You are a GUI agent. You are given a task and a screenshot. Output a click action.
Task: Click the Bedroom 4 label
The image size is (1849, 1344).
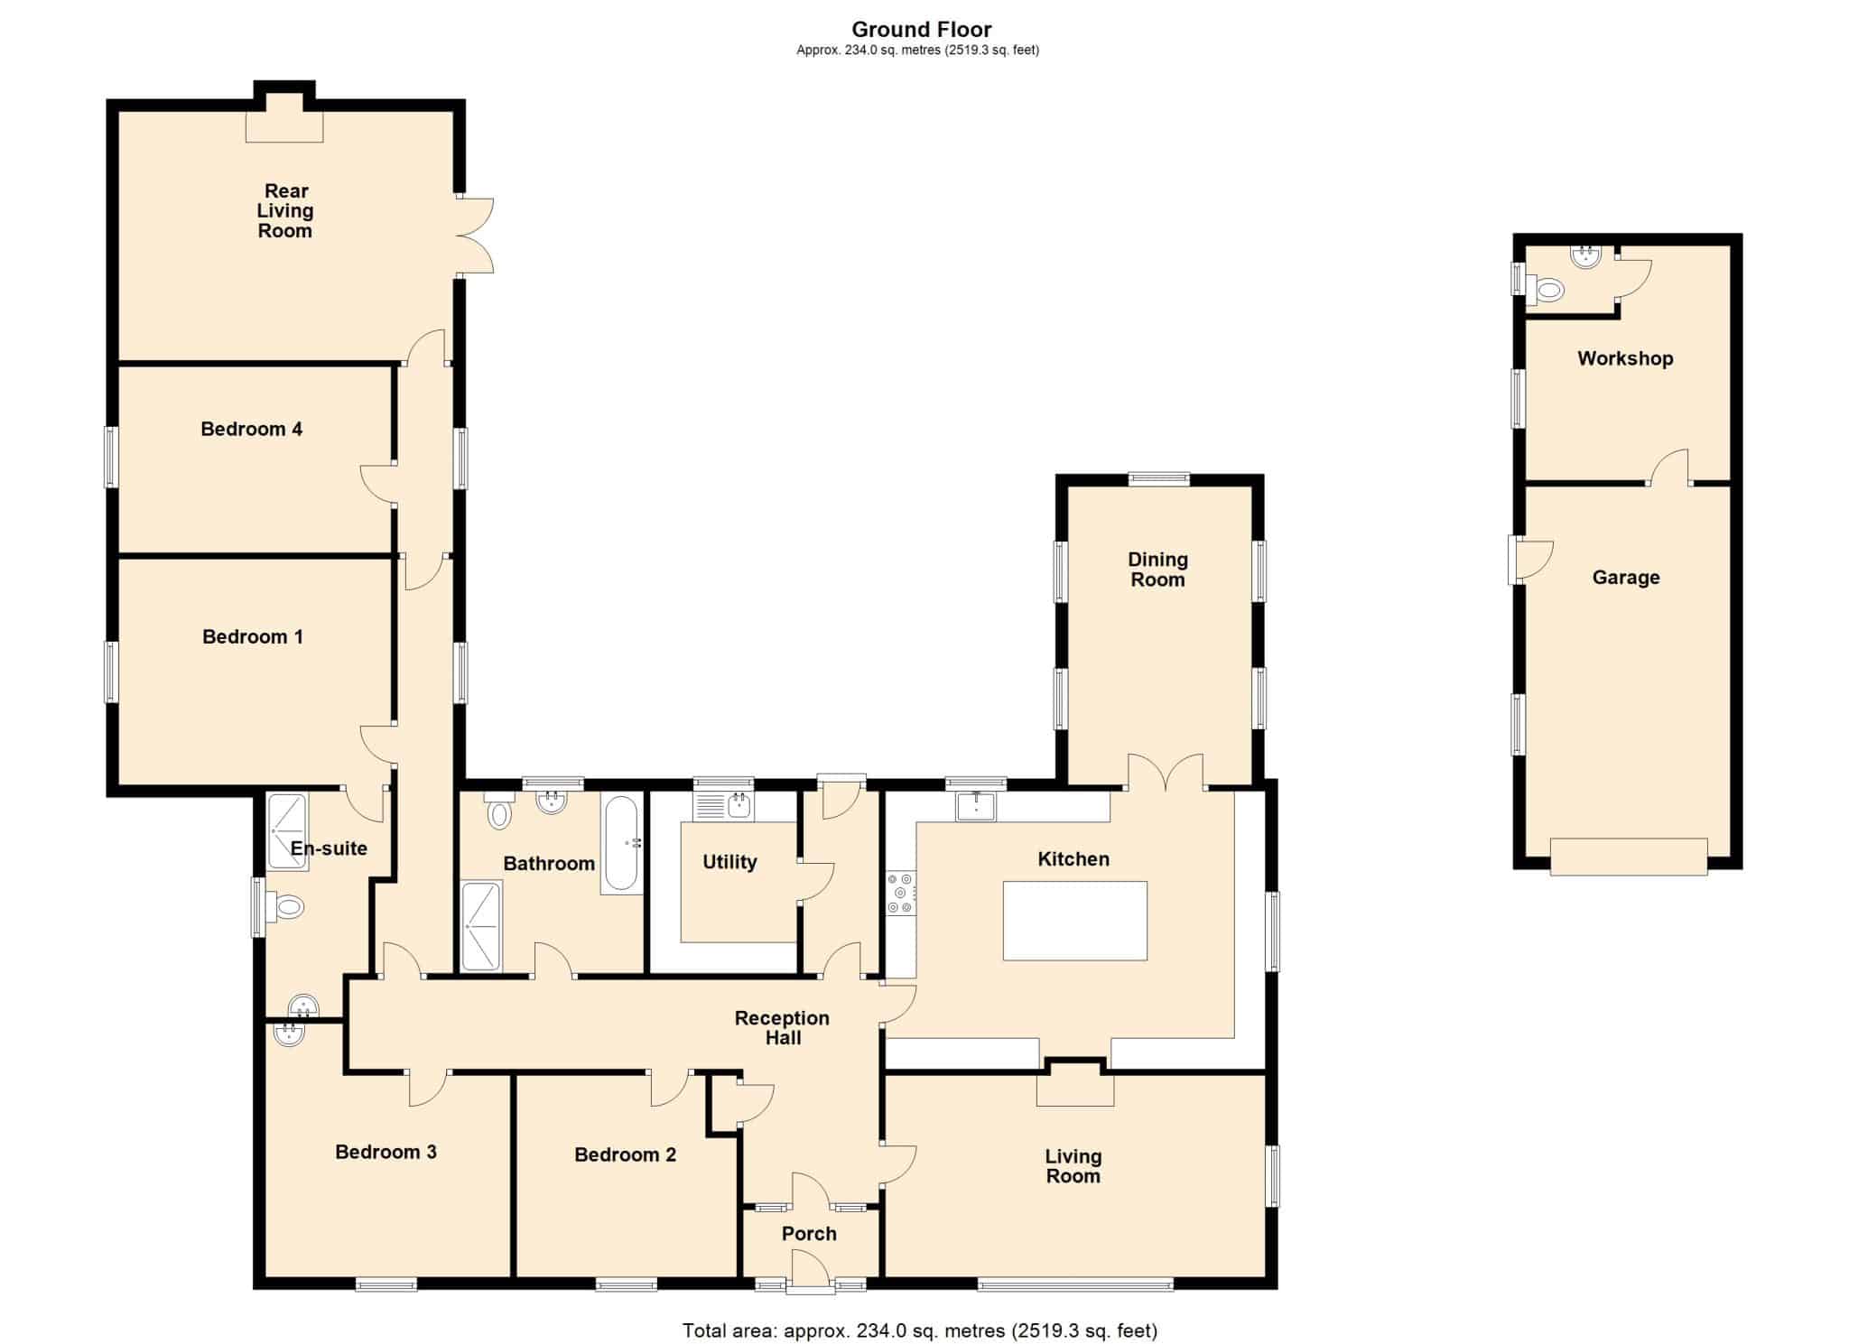point(251,429)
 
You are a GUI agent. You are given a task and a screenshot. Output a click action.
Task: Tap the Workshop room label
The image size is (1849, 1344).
point(1625,358)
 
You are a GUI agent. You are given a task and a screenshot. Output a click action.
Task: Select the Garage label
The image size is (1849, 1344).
point(1626,578)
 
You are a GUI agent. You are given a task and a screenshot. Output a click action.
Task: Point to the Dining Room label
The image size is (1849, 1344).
point(1157,570)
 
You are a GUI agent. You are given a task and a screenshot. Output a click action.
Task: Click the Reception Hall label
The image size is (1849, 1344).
point(782,1028)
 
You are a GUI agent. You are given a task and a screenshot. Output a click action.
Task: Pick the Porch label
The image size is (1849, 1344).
point(809,1234)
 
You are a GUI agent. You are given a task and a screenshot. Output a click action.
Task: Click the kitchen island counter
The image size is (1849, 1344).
point(1074,921)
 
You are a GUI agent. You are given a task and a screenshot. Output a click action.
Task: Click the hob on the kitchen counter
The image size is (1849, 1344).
point(901,893)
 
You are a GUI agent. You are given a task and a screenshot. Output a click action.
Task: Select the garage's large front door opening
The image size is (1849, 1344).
point(1629,856)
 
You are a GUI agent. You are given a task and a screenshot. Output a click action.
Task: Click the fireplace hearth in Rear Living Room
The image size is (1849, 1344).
point(284,127)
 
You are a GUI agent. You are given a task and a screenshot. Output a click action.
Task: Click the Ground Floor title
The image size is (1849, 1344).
point(922,30)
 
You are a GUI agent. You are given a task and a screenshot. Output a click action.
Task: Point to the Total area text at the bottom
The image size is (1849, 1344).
point(920,1330)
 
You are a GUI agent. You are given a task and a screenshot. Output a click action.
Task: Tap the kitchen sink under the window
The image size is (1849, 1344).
point(976,806)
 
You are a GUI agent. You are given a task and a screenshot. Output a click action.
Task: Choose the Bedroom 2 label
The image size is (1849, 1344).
point(625,1154)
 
